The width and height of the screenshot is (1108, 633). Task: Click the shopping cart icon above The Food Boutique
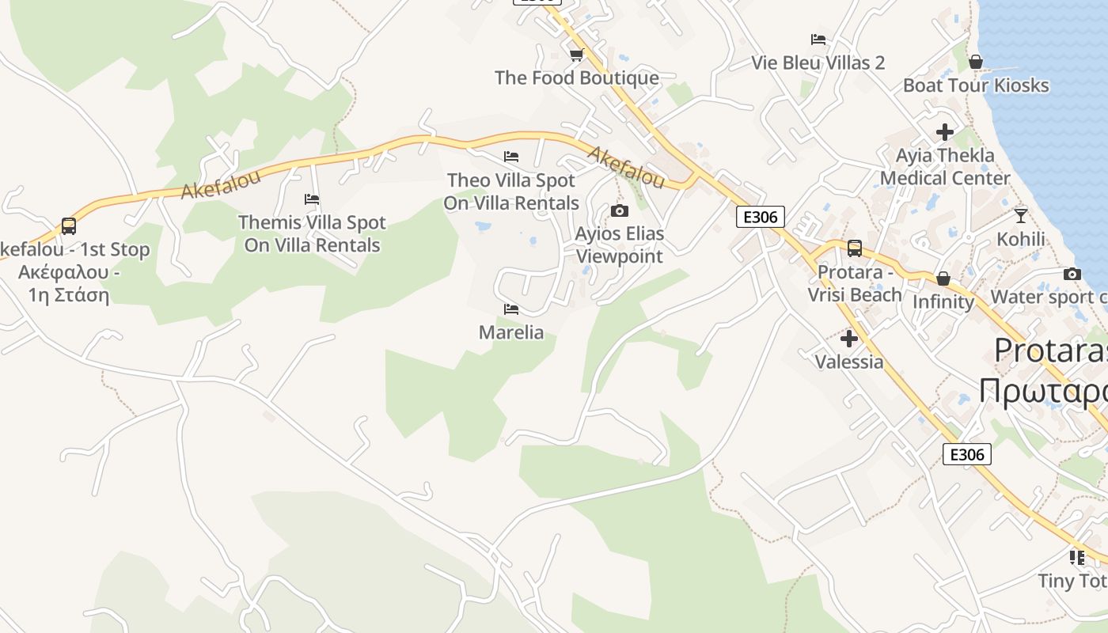click(x=576, y=55)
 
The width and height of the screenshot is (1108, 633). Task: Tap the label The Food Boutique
click(x=576, y=78)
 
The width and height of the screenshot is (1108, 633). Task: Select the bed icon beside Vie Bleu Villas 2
click(x=818, y=40)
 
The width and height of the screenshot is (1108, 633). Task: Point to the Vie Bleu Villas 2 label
click(x=818, y=63)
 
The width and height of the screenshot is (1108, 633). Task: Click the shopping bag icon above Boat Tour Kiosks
click(x=976, y=62)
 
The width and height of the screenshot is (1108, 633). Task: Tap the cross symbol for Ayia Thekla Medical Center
click(x=944, y=132)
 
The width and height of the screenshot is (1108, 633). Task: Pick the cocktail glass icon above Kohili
click(x=1021, y=215)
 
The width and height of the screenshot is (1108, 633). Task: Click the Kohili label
click(x=1021, y=238)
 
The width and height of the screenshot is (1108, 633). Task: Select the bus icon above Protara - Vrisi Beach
click(x=855, y=248)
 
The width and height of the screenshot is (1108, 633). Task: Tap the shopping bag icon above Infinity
click(x=943, y=279)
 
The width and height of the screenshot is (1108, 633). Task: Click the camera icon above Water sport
click(x=1072, y=274)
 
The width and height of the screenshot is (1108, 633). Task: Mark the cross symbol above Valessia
click(x=849, y=339)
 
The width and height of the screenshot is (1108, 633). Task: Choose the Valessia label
click(x=849, y=362)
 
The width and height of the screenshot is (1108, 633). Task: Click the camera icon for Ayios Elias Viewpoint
click(x=619, y=210)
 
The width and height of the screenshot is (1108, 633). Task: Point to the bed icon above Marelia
click(x=511, y=309)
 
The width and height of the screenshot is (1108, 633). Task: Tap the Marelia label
click(x=511, y=332)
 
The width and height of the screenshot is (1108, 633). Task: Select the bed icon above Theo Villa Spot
click(x=511, y=157)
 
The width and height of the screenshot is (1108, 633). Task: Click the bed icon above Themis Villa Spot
click(x=312, y=199)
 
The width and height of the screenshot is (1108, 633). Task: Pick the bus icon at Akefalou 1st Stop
click(x=69, y=226)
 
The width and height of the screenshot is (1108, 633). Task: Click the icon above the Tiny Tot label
click(x=1077, y=558)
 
